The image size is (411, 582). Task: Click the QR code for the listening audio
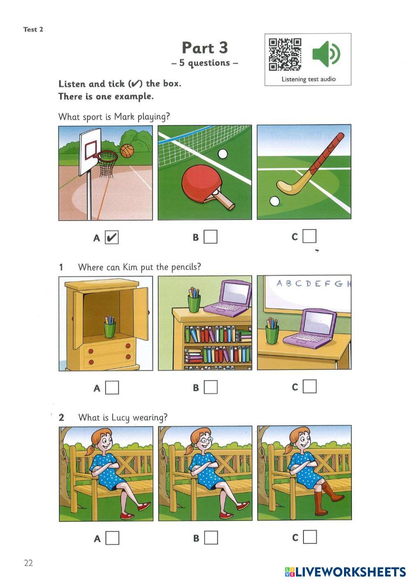click(285, 55)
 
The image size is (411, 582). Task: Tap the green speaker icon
click(326, 54)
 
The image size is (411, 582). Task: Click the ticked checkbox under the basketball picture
click(112, 237)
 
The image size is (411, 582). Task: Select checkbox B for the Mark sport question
click(210, 237)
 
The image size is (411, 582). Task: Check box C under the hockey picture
click(309, 236)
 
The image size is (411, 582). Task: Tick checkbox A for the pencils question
click(112, 387)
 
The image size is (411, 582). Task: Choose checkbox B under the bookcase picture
click(211, 387)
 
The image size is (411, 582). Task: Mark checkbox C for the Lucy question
click(310, 537)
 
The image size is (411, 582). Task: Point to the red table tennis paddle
click(205, 186)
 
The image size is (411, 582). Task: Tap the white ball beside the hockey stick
click(275, 202)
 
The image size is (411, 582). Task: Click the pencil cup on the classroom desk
click(272, 331)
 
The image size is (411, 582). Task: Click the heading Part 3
click(205, 48)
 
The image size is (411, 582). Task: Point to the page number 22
click(28, 563)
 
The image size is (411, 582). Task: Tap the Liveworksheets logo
click(345, 572)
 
